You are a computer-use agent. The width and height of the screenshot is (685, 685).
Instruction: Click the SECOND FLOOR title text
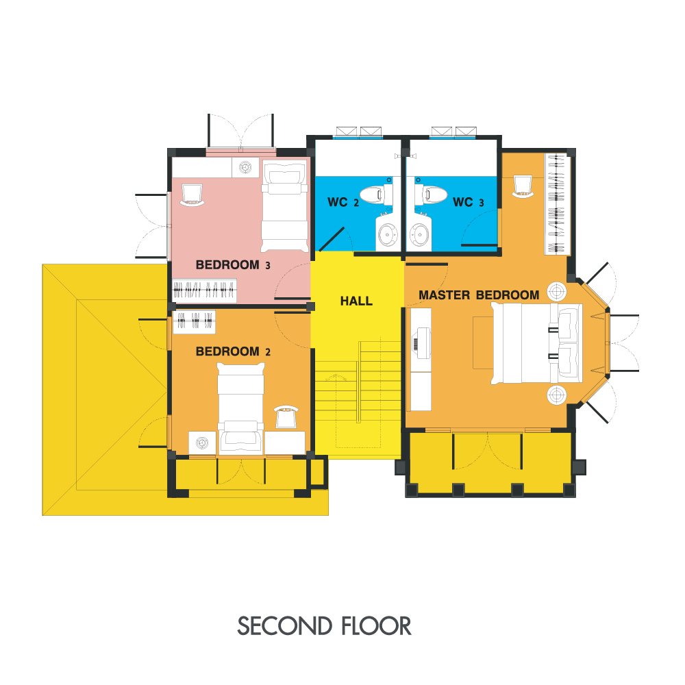(324, 625)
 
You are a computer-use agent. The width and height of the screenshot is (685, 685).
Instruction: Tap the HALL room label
(356, 301)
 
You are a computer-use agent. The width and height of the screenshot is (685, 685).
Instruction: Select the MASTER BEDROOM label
(479, 295)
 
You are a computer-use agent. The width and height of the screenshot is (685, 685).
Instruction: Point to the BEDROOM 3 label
(233, 264)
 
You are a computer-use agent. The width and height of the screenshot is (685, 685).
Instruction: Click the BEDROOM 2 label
(233, 351)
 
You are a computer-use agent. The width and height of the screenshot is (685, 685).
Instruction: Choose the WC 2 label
(343, 202)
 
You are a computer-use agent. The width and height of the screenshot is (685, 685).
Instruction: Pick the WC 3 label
(469, 202)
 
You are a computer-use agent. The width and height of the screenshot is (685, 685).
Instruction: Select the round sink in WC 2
(388, 234)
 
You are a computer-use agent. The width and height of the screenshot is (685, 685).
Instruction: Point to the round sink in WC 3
(419, 234)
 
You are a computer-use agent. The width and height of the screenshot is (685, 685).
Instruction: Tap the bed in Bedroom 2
(240, 409)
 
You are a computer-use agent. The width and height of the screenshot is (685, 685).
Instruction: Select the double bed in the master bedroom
(536, 344)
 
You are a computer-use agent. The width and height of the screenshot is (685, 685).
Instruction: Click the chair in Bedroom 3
(192, 195)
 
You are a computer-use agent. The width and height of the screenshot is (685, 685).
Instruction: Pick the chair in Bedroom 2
(286, 416)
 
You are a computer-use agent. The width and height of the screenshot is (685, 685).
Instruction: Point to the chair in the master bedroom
(523, 186)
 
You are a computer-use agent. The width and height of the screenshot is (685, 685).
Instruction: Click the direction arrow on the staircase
(336, 377)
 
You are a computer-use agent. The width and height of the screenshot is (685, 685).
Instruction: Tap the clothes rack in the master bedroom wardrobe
(557, 204)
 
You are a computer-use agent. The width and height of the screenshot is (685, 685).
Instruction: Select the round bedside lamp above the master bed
(557, 291)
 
